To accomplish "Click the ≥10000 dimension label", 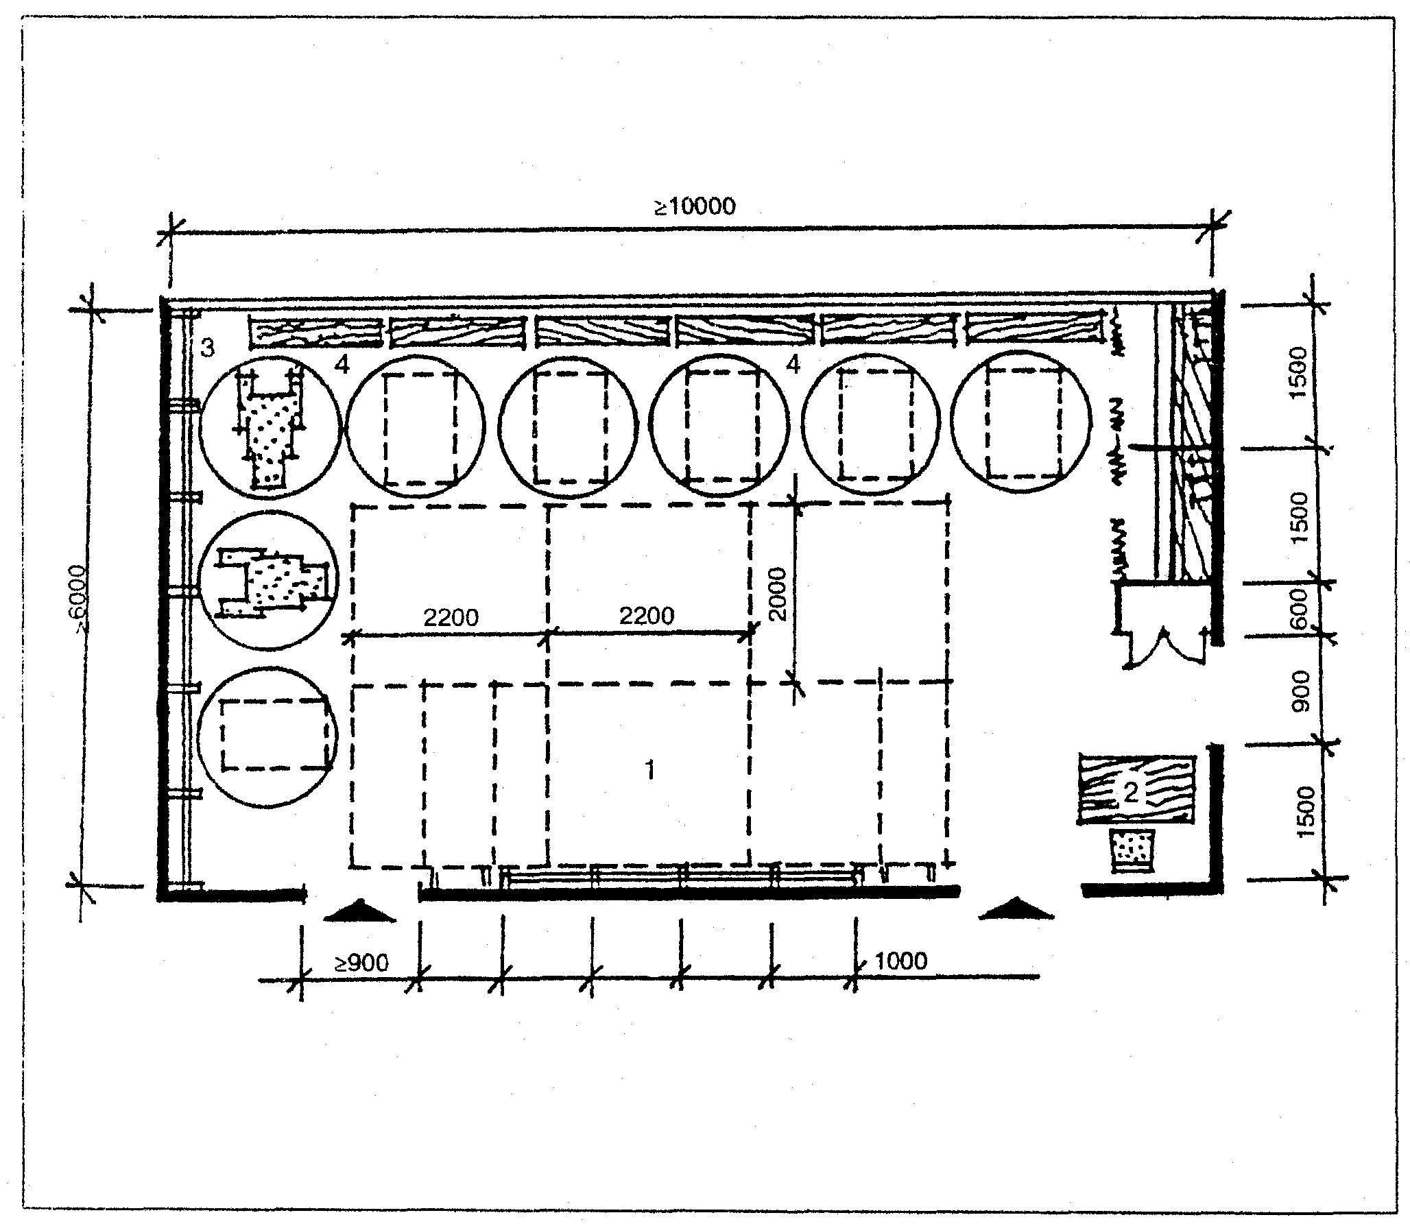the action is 694,206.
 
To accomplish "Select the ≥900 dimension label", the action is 361,963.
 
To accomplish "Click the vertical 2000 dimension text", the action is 777,594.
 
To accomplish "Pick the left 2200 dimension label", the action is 451,617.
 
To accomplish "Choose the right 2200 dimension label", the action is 647,615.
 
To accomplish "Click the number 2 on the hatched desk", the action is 1131,793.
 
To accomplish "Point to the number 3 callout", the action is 207,348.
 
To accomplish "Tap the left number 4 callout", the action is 342,365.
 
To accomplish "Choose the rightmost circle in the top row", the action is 1020,424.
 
